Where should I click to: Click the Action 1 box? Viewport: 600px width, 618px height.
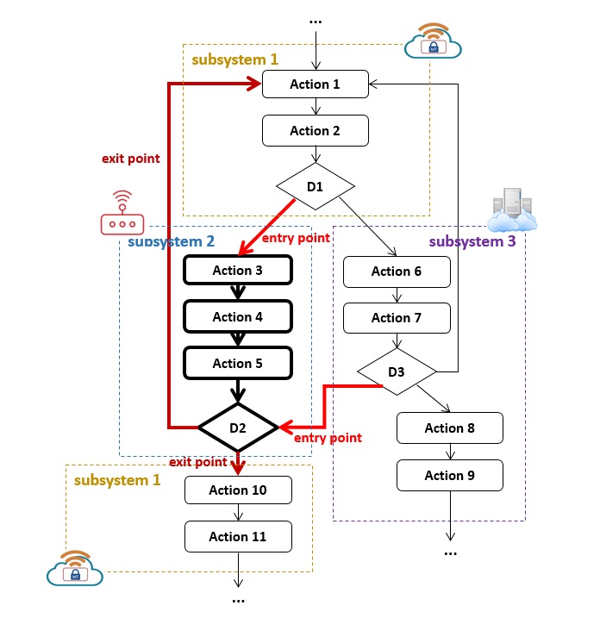point(316,84)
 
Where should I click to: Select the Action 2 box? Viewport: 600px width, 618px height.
point(316,131)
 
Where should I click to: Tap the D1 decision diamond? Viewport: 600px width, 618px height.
point(316,185)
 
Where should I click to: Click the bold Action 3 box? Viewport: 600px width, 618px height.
point(238,271)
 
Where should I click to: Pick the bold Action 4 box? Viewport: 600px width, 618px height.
point(238,317)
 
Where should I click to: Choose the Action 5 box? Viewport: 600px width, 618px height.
point(238,364)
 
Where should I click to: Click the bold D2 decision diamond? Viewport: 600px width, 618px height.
point(238,427)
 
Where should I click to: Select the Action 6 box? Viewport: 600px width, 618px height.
point(397,272)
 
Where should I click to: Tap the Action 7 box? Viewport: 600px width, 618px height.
point(397,318)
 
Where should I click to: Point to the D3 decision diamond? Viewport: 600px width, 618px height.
point(397,372)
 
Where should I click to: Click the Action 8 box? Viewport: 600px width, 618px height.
point(450,428)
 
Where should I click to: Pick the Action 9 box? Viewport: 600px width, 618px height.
point(450,475)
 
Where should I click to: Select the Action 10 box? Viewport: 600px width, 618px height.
point(238,490)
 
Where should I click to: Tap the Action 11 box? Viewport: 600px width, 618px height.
point(238,537)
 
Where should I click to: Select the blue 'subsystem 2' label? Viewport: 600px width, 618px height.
point(171,241)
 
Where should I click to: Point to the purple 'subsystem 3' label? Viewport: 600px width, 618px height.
point(472,241)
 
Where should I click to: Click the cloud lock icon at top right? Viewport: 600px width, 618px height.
point(433,41)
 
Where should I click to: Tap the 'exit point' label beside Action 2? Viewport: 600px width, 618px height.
point(130,159)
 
